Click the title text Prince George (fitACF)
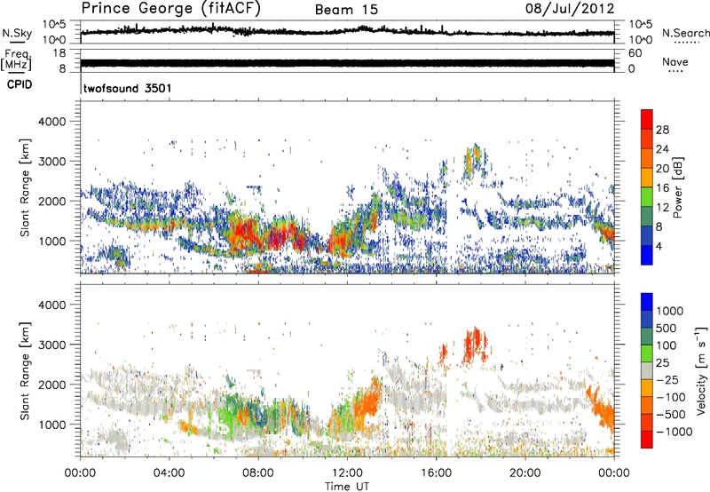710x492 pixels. point(164,10)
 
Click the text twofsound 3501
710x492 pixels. point(127,89)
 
